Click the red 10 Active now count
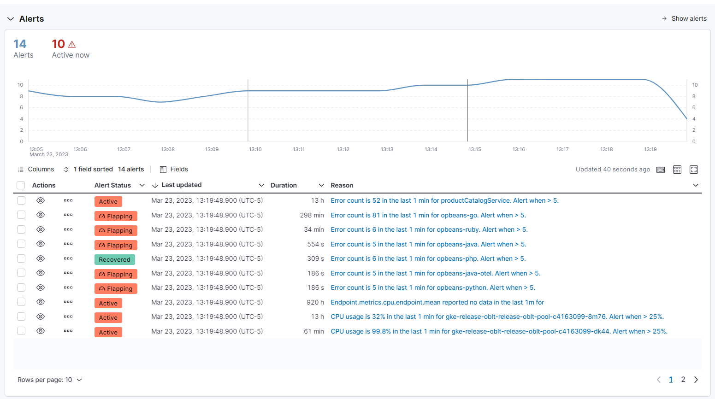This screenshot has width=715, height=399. [x=59, y=44]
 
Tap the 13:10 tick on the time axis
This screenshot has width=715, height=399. [x=255, y=149]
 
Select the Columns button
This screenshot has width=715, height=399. [x=36, y=170]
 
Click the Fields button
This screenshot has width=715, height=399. [x=174, y=170]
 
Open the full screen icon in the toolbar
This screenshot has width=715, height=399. [x=693, y=170]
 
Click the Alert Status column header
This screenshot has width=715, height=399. [x=112, y=185]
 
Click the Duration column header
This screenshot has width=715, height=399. [x=284, y=185]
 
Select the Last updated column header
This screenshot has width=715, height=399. [x=182, y=185]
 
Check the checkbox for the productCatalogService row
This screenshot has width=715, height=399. [x=21, y=200]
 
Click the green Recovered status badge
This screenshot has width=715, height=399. [x=114, y=260]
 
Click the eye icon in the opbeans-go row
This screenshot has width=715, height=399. [x=41, y=215]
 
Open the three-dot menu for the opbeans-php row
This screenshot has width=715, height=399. [x=68, y=258]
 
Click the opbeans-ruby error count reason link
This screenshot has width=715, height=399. [x=429, y=229]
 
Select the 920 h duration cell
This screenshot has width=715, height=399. [x=315, y=302]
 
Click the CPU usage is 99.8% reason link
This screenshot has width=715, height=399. [x=499, y=331]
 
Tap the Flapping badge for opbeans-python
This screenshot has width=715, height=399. [x=116, y=289]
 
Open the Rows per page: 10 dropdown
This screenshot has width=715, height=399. [x=50, y=380]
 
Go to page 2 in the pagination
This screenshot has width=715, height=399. [x=683, y=380]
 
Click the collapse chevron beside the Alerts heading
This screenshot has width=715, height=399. [x=11, y=19]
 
